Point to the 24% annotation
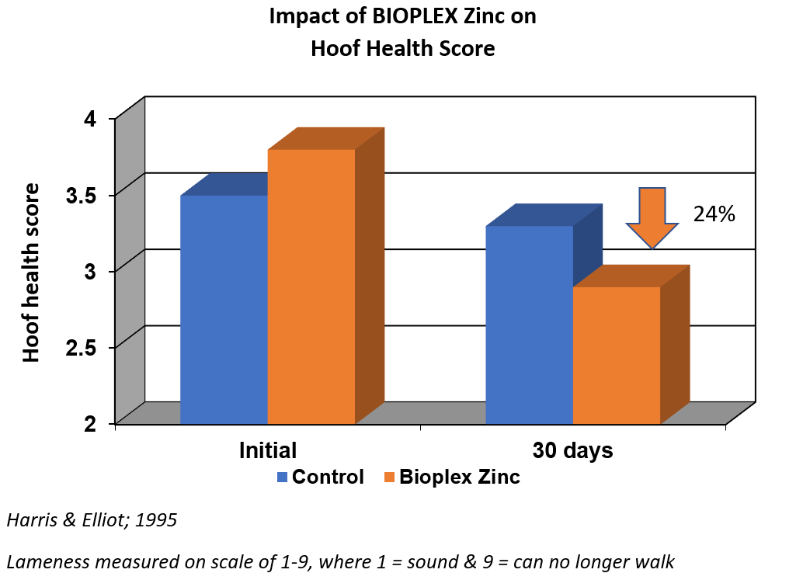click(x=714, y=215)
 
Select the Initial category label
click(x=268, y=450)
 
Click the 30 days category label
click(x=572, y=450)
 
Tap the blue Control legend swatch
click(x=283, y=477)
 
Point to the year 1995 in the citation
click(x=157, y=519)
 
